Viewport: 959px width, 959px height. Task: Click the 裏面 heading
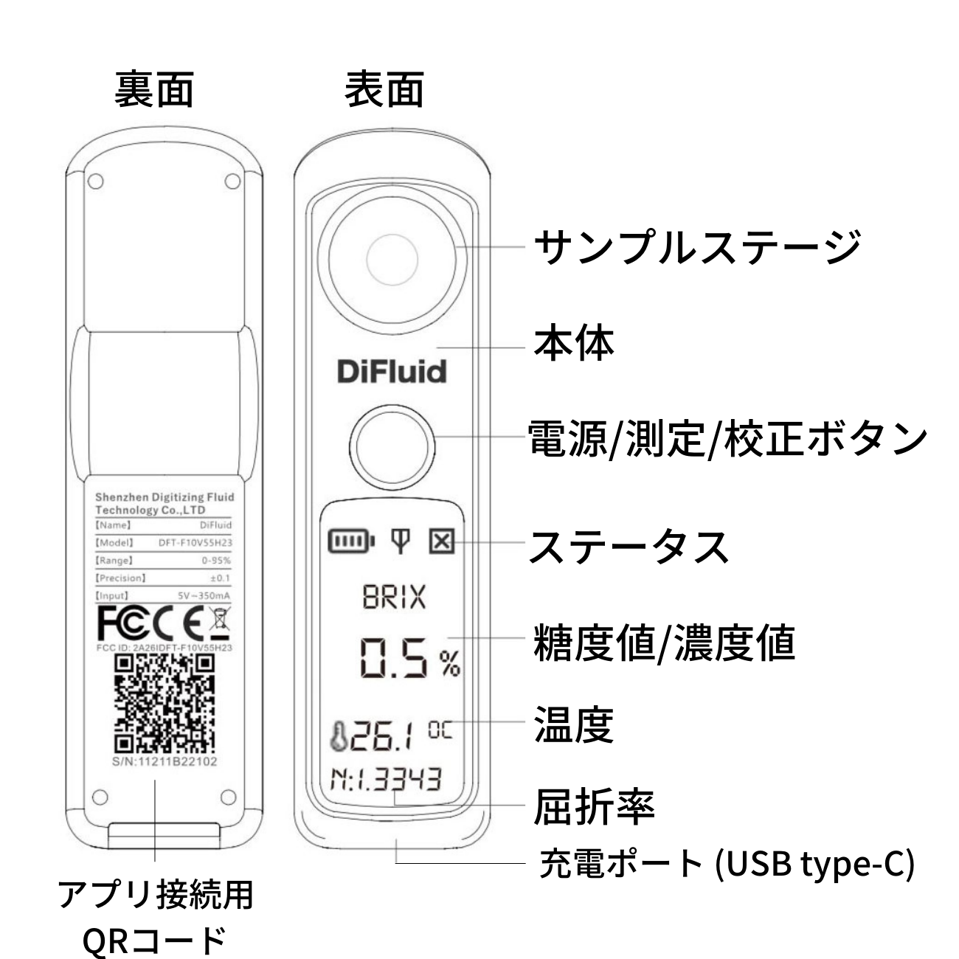point(154,89)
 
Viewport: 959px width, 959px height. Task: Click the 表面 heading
point(384,89)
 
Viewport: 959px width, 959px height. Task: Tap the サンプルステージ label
point(697,247)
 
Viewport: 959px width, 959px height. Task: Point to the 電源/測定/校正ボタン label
point(727,439)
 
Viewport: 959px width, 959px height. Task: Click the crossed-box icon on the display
point(441,542)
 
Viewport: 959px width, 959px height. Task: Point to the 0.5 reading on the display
point(393,659)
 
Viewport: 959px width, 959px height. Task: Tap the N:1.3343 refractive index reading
point(386,779)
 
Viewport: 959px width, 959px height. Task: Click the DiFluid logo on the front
point(392,371)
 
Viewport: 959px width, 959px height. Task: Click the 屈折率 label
point(594,807)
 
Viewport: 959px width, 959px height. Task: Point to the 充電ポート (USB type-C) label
point(727,863)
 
